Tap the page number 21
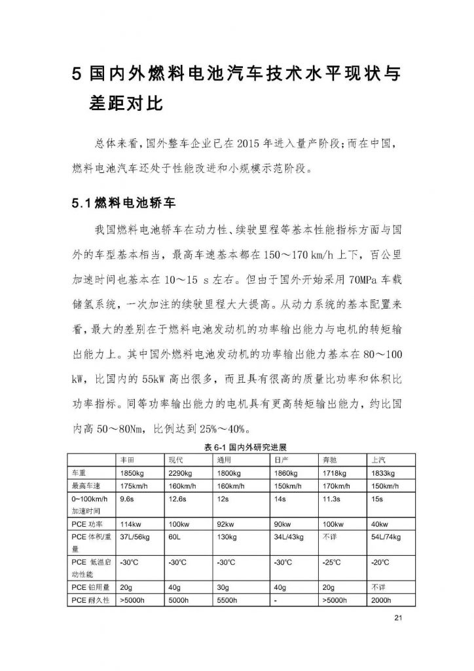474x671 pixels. point(398,619)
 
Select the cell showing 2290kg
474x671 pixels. point(180,473)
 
